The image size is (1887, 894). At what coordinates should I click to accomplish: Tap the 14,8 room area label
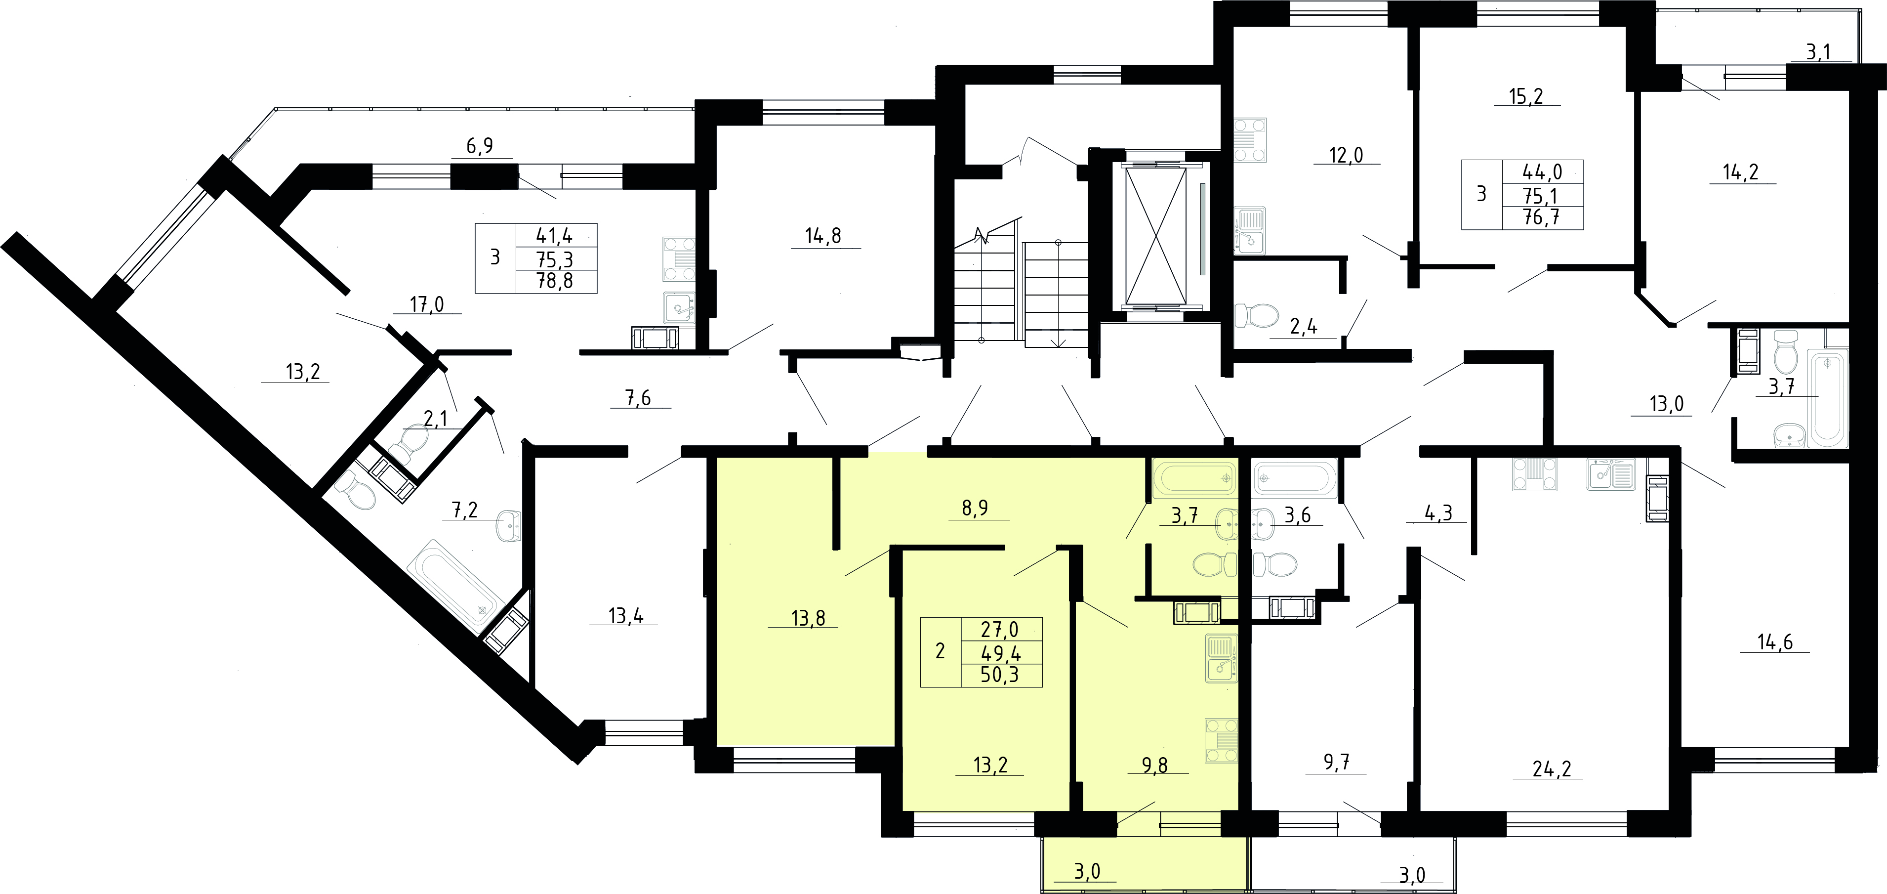[823, 236]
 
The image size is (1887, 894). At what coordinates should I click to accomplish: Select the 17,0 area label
[427, 303]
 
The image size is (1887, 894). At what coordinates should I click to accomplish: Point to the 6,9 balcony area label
[480, 146]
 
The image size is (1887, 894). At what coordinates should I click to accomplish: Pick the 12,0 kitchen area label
[1347, 155]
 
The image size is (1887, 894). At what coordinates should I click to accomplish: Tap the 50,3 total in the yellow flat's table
[1000, 674]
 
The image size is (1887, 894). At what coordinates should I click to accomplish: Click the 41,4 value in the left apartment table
[555, 235]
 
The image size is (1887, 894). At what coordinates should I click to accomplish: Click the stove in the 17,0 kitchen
[679, 258]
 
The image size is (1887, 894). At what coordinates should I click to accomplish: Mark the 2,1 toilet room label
[435, 419]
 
